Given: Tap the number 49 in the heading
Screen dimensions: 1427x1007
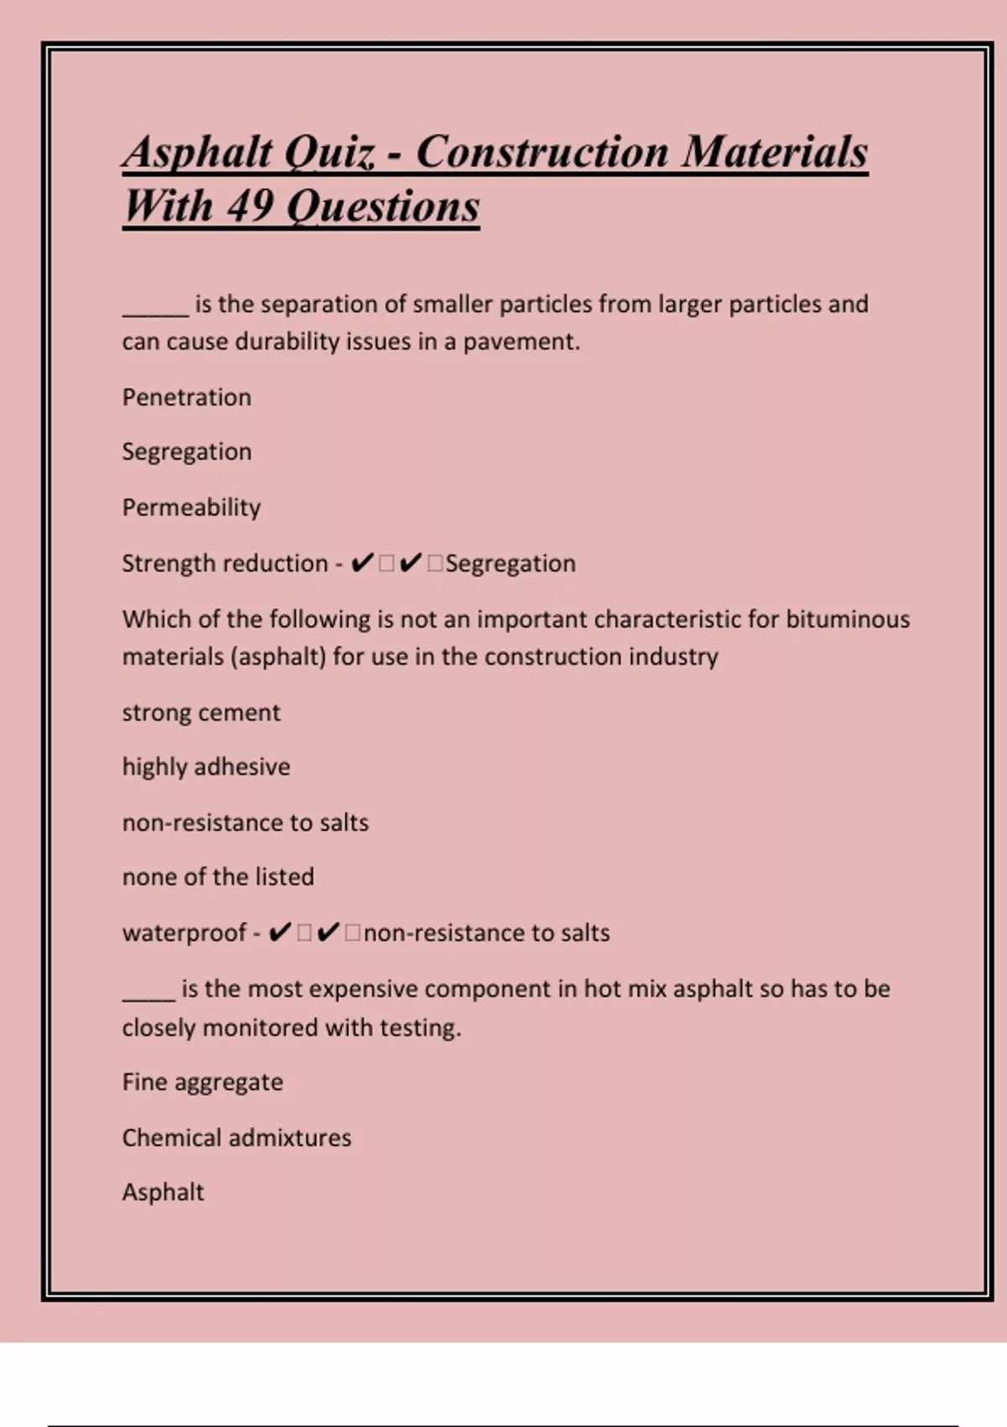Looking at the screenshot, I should [248, 206].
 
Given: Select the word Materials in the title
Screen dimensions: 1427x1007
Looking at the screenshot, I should [774, 153].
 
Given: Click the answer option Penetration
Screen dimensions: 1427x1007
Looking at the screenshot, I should [186, 397].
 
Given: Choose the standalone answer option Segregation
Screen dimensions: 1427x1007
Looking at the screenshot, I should [186, 452].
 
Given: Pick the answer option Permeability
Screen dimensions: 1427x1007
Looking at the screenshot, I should [191, 507].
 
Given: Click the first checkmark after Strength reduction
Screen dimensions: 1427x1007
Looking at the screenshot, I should [362, 563].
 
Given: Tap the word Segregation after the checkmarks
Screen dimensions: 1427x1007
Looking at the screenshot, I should [510, 563].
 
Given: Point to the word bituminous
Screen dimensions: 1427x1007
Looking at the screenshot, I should [848, 619].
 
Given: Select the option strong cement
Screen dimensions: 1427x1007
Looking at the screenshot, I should [201, 713].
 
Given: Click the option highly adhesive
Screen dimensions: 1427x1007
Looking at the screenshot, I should [206, 767].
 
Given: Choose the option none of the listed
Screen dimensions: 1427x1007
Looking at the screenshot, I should [218, 877].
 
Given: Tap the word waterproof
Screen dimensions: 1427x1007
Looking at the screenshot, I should [185, 933].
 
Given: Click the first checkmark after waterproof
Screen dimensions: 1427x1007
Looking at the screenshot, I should [280, 933].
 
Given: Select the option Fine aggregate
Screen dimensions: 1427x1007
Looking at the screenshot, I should [202, 1082].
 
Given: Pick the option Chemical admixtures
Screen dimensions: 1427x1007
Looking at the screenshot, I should [237, 1138].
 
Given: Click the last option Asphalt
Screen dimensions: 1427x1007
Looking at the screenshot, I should [163, 1192].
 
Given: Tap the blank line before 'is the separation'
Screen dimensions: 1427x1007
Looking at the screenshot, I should [156, 312].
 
